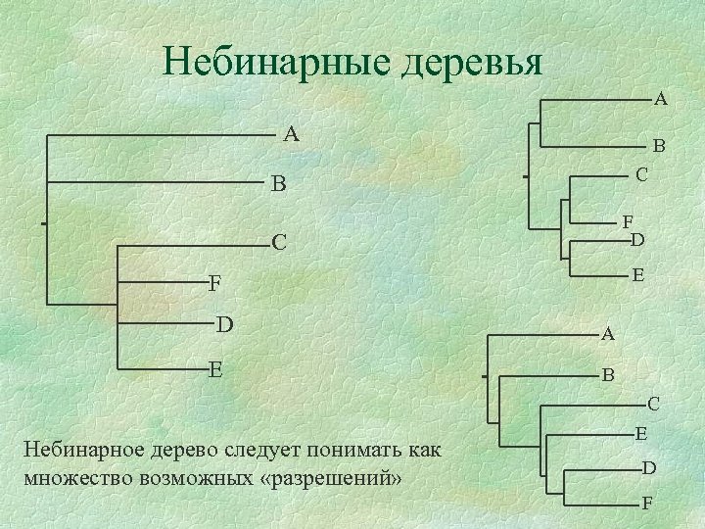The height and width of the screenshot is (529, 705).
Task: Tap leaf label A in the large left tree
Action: [291, 134]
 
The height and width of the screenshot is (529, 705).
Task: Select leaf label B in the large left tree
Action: [279, 183]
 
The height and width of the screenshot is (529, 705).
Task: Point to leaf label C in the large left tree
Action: [279, 242]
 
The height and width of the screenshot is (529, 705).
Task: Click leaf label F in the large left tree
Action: [214, 284]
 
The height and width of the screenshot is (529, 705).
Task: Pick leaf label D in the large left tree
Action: [224, 323]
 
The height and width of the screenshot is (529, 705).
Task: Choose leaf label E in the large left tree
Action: [215, 369]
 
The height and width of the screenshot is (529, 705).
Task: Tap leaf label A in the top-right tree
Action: [661, 98]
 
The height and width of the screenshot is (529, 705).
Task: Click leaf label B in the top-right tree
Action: [659, 146]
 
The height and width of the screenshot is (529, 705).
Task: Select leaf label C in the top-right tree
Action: [641, 175]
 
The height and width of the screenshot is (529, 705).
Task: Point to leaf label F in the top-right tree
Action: [628, 222]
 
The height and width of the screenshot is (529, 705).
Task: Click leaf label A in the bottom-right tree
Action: [608, 334]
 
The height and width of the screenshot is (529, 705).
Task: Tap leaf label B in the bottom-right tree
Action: [608, 374]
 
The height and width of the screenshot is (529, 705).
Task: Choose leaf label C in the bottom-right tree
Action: [653, 403]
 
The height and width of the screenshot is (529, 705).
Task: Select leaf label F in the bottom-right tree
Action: [646, 504]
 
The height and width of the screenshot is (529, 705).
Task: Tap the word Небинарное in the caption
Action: [81, 451]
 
